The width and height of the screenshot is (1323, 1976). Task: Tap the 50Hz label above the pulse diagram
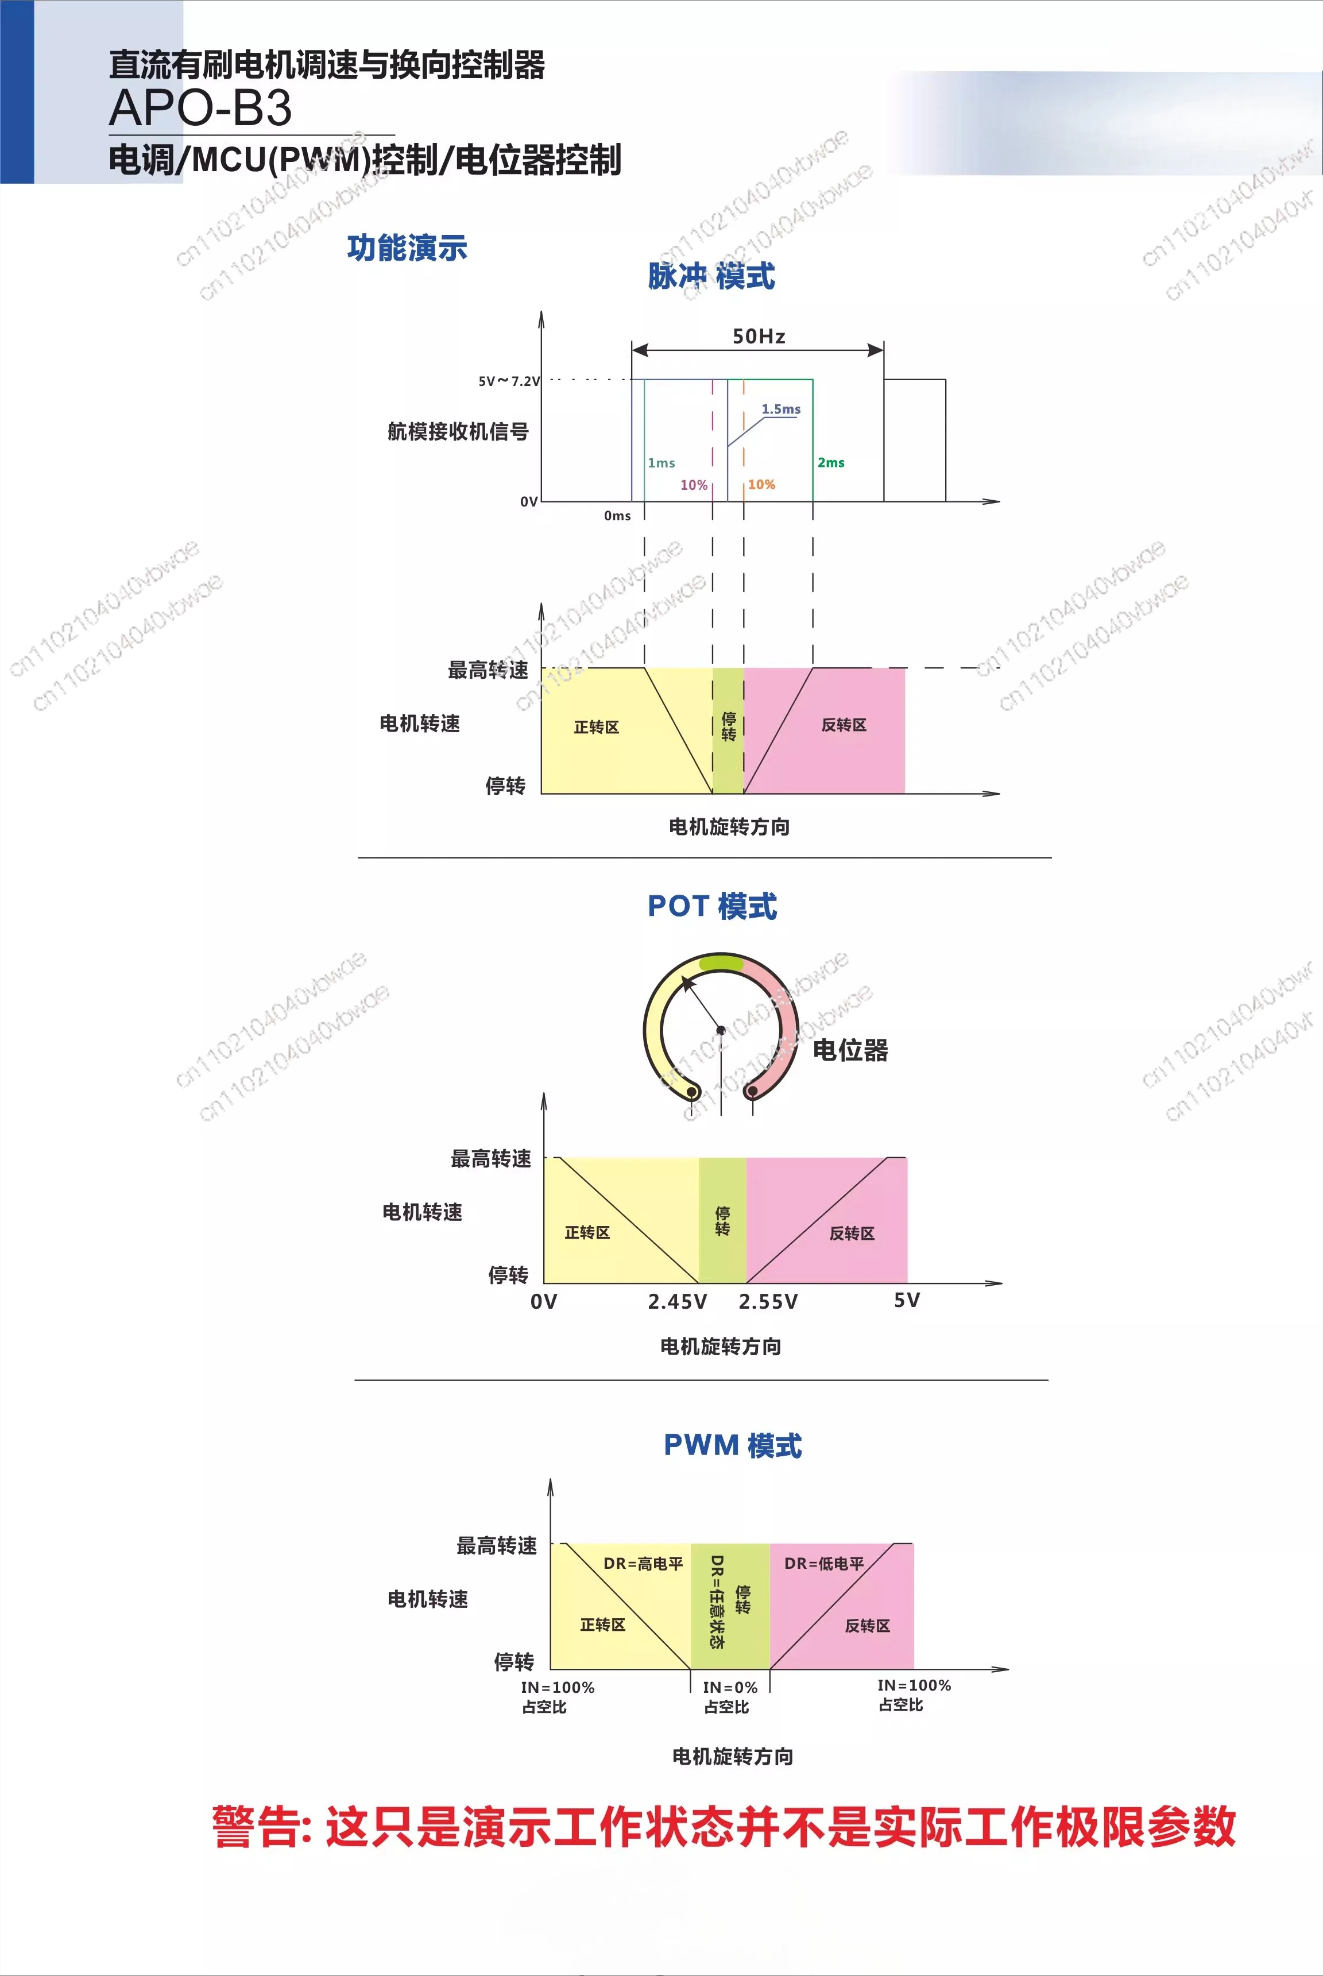(759, 337)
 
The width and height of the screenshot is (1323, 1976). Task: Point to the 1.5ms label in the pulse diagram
(780, 409)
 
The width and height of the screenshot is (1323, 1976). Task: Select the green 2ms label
(830, 462)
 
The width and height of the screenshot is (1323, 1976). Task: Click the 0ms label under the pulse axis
(617, 516)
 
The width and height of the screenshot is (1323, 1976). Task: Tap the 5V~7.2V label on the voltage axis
(509, 381)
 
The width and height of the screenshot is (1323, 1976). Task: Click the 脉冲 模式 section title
(711, 276)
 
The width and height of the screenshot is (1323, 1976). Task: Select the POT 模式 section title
(712, 906)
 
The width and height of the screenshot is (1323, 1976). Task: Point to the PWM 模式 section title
(732, 1445)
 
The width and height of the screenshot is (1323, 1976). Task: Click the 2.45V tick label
(676, 1302)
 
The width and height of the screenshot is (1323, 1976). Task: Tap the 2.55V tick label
(768, 1302)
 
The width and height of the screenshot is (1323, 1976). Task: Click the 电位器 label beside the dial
(850, 1050)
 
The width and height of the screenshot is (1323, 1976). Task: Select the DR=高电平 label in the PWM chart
(643, 1564)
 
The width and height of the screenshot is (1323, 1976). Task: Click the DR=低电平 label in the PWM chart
(825, 1564)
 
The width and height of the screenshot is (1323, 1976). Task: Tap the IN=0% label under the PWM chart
(730, 1688)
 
